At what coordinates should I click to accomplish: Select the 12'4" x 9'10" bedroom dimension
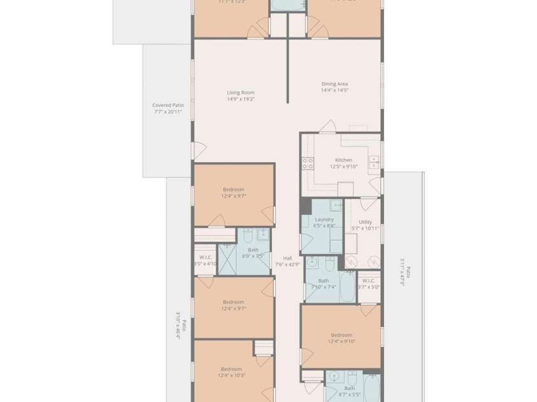(341, 342)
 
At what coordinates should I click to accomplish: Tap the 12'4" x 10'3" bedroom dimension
(231, 375)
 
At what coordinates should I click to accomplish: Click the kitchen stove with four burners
(308, 163)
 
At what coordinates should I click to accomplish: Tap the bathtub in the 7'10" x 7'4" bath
(348, 288)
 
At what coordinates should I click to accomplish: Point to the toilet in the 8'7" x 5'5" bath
(350, 377)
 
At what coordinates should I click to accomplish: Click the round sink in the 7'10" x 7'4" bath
(312, 262)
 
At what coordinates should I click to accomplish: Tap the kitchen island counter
(345, 189)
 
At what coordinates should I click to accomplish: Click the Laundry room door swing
(306, 244)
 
